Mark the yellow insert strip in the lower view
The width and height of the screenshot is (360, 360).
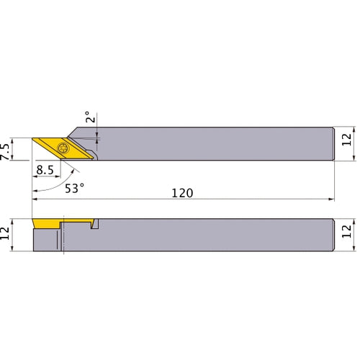tap(46, 225)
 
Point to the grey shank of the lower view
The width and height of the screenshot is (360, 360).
tap(216, 235)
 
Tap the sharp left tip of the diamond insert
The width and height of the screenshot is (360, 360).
tap(32, 138)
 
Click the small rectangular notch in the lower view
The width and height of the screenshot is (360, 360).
tap(94, 226)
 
